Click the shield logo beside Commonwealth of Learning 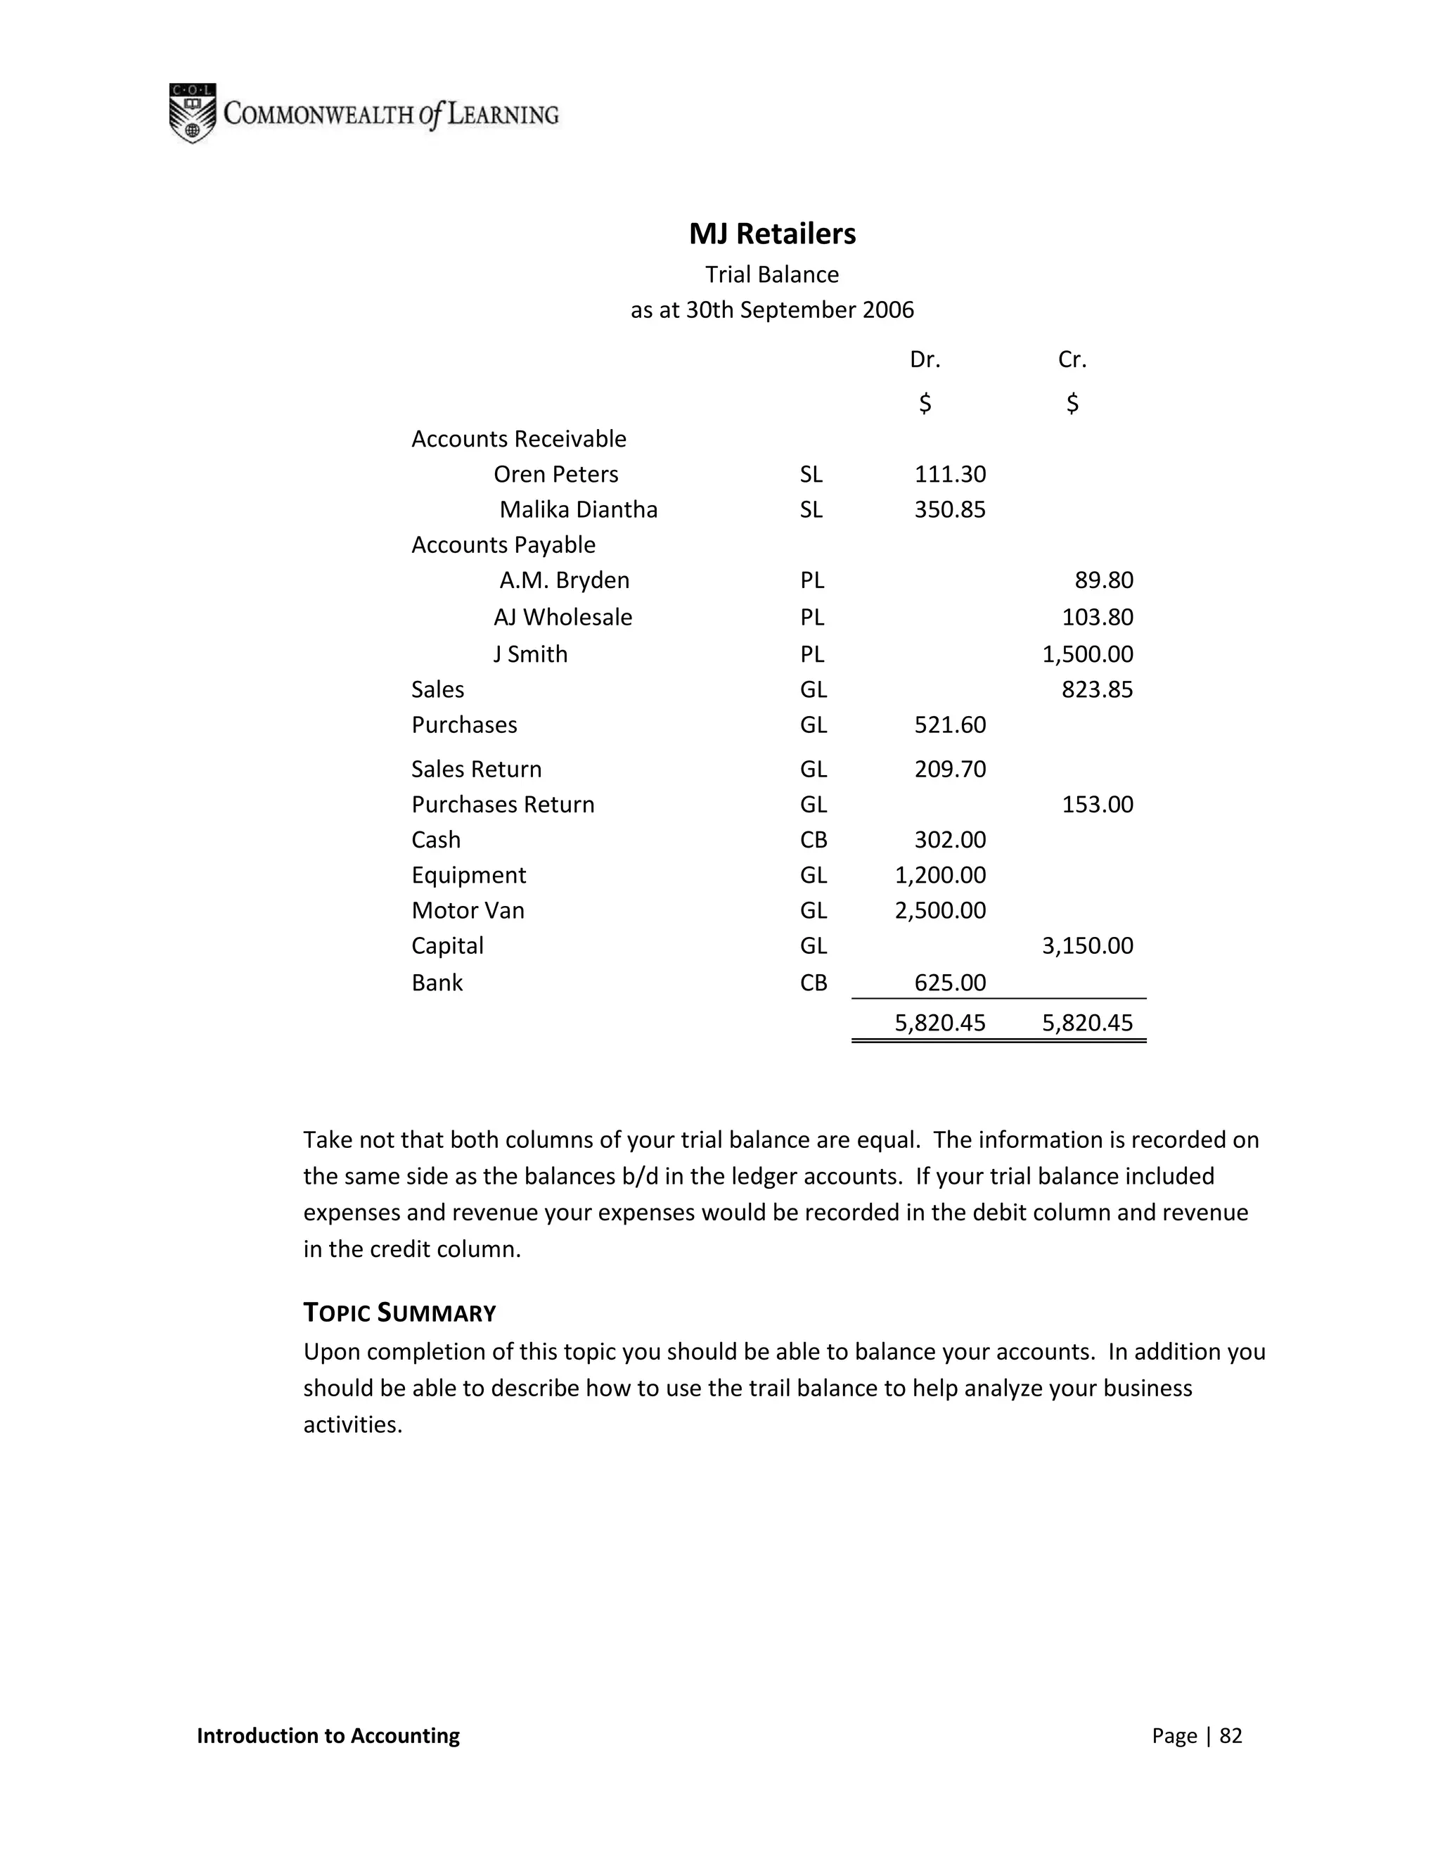192,113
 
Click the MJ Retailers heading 772,234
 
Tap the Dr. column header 925,360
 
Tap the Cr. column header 1072,360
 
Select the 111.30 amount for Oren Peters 949,475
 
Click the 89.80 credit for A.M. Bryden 1103,580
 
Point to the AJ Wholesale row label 563,617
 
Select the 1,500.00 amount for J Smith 1087,655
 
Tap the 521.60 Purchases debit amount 949,725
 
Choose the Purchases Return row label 503,805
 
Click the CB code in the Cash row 813,841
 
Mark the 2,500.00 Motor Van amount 940,911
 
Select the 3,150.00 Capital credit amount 1087,945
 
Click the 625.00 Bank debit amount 949,983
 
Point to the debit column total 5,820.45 940,1023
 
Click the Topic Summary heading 399,1313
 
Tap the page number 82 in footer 1230,1736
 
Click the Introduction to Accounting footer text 328,1736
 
